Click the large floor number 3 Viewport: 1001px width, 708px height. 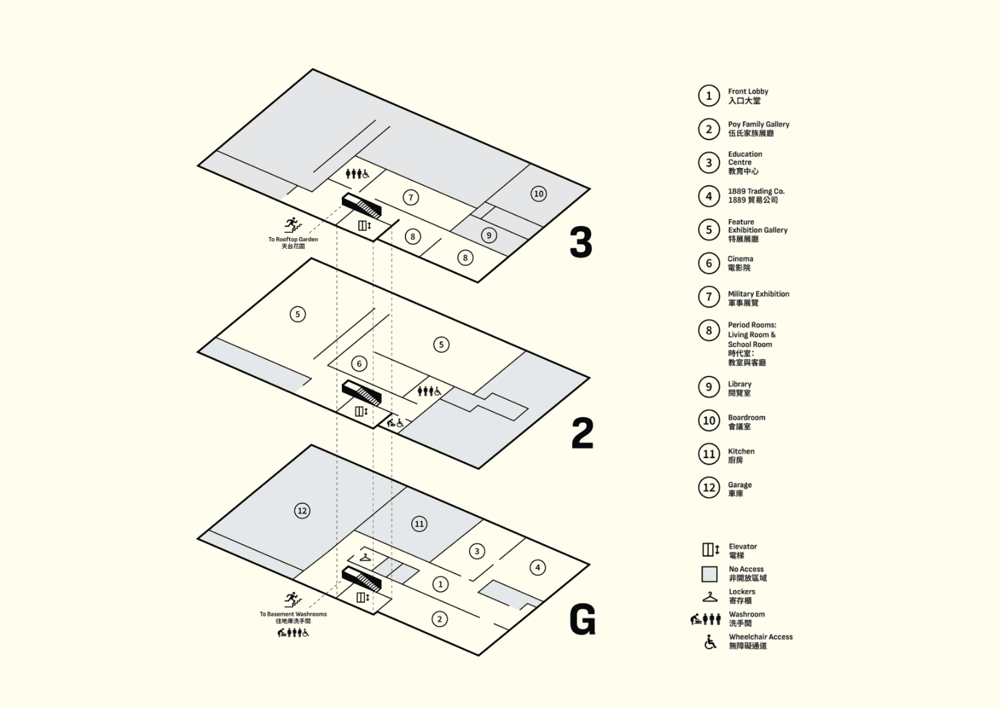tap(581, 242)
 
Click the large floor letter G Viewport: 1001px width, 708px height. tap(583, 619)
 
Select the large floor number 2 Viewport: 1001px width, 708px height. tap(582, 433)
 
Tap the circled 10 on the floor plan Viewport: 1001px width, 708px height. tap(539, 194)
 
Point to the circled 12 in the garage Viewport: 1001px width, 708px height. tap(302, 511)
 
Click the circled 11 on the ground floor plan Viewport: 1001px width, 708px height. tap(419, 524)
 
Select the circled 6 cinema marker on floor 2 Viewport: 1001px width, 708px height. tap(359, 364)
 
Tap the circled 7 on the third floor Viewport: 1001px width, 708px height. tap(411, 197)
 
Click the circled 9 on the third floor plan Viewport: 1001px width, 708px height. tap(489, 235)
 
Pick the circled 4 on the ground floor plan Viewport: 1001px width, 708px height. tap(538, 567)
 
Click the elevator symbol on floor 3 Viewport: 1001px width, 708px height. tap(364, 226)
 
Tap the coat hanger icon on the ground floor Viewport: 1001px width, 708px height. tap(365, 557)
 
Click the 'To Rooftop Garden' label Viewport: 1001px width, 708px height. tap(293, 239)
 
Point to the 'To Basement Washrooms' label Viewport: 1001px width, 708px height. tap(293, 614)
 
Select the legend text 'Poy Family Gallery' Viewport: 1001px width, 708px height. tap(758, 124)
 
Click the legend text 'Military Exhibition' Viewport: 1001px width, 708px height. tap(758, 294)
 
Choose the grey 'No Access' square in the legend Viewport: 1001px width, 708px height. tap(709, 574)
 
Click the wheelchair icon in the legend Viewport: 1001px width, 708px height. tap(710, 641)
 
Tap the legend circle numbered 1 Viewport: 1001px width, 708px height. tap(709, 96)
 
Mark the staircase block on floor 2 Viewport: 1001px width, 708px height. tap(361, 393)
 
